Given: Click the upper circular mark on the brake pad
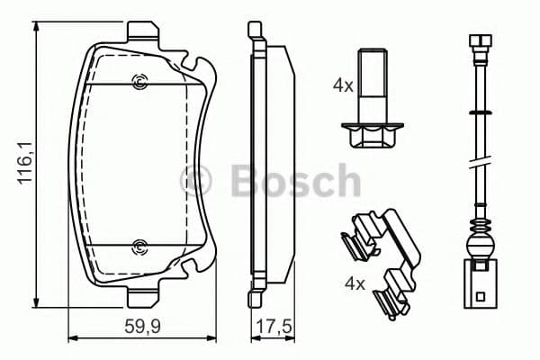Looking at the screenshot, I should [139, 85].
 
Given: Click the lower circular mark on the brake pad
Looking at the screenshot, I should [139, 247].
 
